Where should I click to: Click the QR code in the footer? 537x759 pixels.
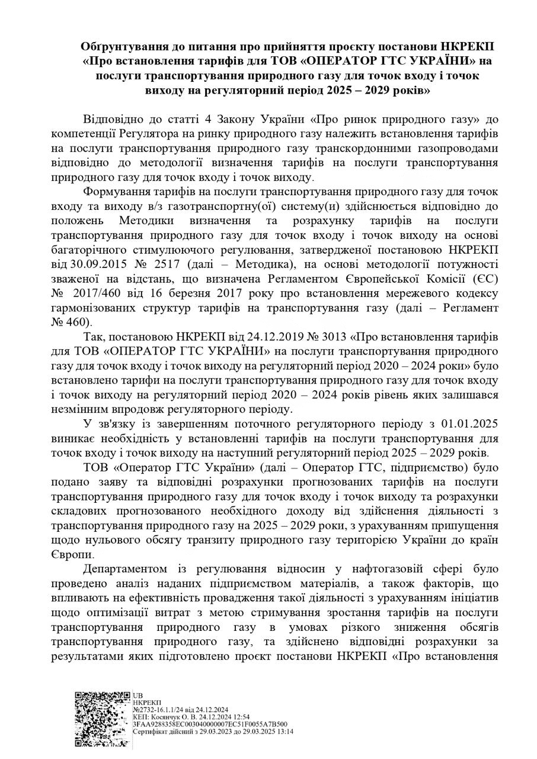[x=102, y=719]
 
